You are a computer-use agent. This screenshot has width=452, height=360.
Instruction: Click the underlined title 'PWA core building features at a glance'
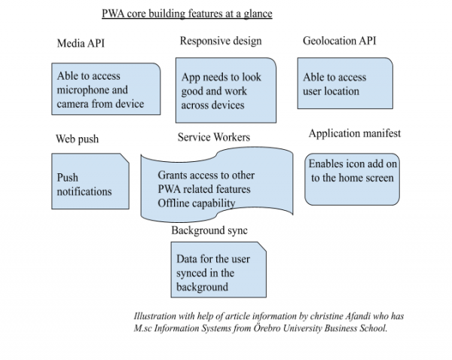coord(187,14)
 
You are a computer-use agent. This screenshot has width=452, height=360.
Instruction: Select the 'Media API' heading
coord(81,44)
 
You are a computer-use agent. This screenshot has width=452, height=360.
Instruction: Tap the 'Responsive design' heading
coord(221,41)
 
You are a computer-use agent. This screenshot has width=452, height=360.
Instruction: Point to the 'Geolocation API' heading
coord(339,41)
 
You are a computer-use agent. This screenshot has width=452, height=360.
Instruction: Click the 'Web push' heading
coord(77,139)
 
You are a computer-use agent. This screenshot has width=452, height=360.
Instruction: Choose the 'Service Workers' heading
coord(214,137)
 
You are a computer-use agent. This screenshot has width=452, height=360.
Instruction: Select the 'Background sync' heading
coord(209,230)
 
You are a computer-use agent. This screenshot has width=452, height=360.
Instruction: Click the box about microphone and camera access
coord(106,90)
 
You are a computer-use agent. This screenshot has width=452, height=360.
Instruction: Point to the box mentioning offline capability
coord(216,189)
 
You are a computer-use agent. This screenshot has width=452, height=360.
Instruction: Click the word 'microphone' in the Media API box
coord(83,90)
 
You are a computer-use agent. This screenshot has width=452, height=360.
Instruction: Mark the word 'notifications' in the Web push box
coord(84,191)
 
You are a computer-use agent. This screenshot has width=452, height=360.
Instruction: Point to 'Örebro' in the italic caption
coord(267,328)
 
